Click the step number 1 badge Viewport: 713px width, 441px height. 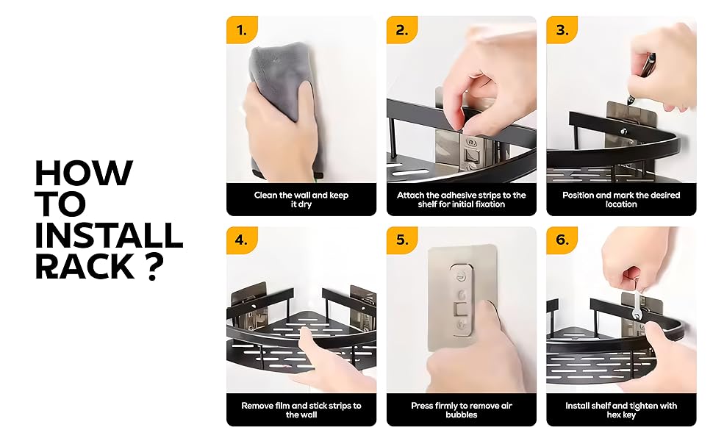pyautogui.click(x=242, y=30)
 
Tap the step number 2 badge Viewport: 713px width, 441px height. pyautogui.click(x=402, y=30)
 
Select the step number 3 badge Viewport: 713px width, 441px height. pyautogui.click(x=562, y=30)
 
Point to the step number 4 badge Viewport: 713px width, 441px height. pyautogui.click(x=242, y=240)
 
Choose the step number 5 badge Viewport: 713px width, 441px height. pyautogui.click(x=402, y=240)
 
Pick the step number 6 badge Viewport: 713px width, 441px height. pyautogui.click(x=562, y=240)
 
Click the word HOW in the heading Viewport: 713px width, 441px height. pyautogui.click(x=83, y=173)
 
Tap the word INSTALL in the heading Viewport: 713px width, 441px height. pyautogui.click(x=109, y=235)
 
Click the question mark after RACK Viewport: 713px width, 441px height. pyautogui.click(x=153, y=266)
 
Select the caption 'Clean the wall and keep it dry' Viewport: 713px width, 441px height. pyautogui.click(x=301, y=199)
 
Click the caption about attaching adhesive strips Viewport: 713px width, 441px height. pyautogui.click(x=462, y=199)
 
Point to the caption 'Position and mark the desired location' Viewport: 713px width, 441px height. pyautogui.click(x=621, y=199)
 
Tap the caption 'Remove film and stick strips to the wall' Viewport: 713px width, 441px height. pyautogui.click(x=301, y=409)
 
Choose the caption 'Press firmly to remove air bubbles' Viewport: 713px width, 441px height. pyautogui.click(x=462, y=409)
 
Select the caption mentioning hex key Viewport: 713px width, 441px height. pyautogui.click(x=621, y=409)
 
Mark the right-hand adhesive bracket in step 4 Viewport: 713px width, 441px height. pyautogui.click(x=362, y=305)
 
